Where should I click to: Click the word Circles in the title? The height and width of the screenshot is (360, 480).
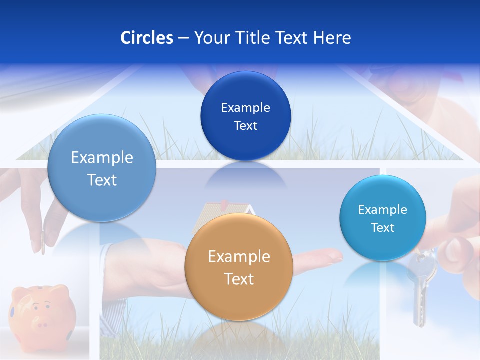point(146,38)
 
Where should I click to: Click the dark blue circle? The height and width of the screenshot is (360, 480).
point(245,116)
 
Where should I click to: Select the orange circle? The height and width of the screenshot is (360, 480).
point(239,267)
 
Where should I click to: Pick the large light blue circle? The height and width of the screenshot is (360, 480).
point(102,168)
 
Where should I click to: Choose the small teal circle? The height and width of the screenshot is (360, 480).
point(382,218)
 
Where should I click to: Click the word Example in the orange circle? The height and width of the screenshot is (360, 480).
point(239,256)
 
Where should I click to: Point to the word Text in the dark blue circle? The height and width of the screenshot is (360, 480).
point(245,125)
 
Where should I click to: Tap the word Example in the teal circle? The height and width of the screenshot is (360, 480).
point(382,209)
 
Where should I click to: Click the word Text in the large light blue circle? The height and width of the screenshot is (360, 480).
point(102,180)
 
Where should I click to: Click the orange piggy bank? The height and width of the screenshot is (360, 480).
point(42,312)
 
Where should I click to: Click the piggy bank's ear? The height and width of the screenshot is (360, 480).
point(60,290)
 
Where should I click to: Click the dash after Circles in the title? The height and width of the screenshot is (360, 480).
point(183,38)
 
